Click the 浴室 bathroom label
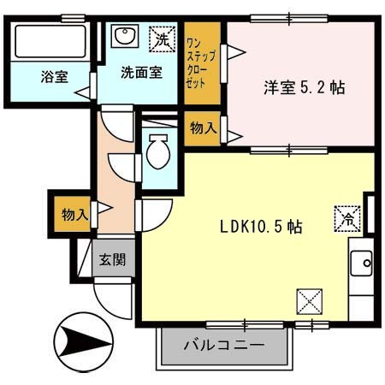click(x=54, y=76)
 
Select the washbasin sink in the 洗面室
click(x=125, y=37)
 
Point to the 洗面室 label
click(x=140, y=74)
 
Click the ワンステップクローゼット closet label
click(x=196, y=63)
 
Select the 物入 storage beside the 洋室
click(x=202, y=128)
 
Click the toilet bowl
click(x=157, y=153)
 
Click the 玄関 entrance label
click(x=111, y=258)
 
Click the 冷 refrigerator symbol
click(x=347, y=217)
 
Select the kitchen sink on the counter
click(x=360, y=262)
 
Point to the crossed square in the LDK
click(x=309, y=301)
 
